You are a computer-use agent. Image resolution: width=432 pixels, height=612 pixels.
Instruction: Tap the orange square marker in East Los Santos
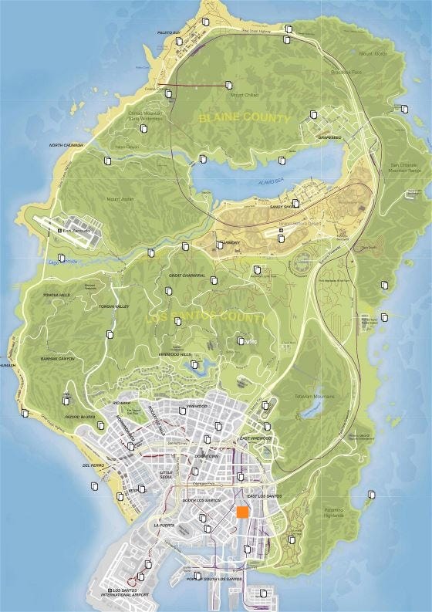coord(242,512)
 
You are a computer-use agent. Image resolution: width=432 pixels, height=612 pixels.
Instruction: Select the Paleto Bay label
coord(168,32)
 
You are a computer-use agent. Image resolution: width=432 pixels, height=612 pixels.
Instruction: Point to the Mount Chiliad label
coord(245,95)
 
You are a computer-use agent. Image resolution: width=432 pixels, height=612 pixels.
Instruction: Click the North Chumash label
coord(66,145)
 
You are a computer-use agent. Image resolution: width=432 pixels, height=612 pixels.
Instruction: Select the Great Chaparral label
coord(187,276)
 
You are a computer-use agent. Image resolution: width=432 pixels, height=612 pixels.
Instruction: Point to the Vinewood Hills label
coord(174,354)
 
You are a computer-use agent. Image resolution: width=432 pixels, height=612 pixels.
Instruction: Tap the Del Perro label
coord(92,466)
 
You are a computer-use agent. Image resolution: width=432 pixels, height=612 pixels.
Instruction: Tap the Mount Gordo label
coord(373,54)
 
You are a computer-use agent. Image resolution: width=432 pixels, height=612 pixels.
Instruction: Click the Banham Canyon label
coord(57,359)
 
